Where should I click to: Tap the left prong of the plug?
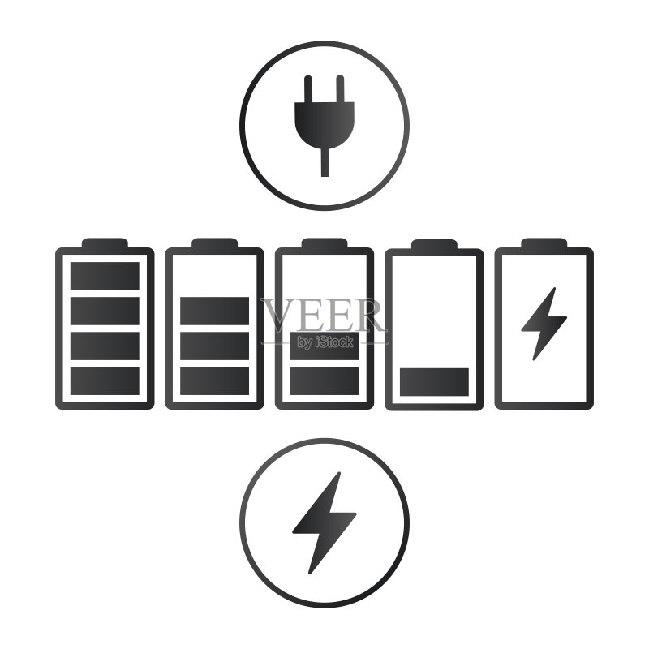(x=308, y=88)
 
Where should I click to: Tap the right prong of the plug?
(x=340, y=88)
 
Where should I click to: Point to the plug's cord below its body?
(x=325, y=162)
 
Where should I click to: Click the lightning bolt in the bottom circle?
(x=324, y=522)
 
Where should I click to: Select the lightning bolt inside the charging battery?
(x=544, y=324)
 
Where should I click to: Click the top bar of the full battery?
(x=105, y=276)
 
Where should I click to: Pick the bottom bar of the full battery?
(x=105, y=380)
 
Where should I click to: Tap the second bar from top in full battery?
(x=105, y=311)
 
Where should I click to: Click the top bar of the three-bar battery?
(x=214, y=311)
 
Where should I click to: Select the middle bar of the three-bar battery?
(x=214, y=346)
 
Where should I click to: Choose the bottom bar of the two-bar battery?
(x=324, y=380)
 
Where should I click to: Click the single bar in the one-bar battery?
(x=434, y=381)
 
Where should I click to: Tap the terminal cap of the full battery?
(x=105, y=243)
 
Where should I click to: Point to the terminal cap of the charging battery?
(x=544, y=243)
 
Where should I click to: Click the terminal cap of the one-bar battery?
(x=434, y=244)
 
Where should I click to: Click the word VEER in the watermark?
(x=324, y=315)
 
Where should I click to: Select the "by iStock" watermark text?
(x=325, y=342)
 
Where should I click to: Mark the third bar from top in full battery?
(x=105, y=346)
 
